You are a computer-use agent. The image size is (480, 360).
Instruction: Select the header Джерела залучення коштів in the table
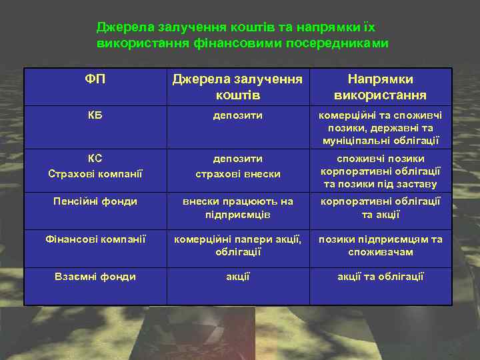point(237,87)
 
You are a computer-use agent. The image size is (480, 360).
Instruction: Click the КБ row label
point(95,115)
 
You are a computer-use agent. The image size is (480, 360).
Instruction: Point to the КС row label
point(95,159)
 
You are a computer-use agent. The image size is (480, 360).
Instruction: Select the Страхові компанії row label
point(95,174)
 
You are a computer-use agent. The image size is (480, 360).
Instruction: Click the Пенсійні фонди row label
point(95,201)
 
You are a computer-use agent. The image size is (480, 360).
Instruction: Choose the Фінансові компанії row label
point(95,239)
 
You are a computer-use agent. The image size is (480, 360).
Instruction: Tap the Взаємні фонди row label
point(95,277)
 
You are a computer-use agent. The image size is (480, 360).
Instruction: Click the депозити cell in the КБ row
point(237,115)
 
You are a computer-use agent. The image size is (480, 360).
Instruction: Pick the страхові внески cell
point(237,174)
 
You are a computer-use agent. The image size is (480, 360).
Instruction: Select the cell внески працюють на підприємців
point(237,208)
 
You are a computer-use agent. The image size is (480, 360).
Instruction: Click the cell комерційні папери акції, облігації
point(237,245)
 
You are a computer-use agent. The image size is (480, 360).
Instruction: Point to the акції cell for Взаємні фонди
point(237,277)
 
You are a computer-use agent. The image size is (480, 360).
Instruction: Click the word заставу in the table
point(417,185)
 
